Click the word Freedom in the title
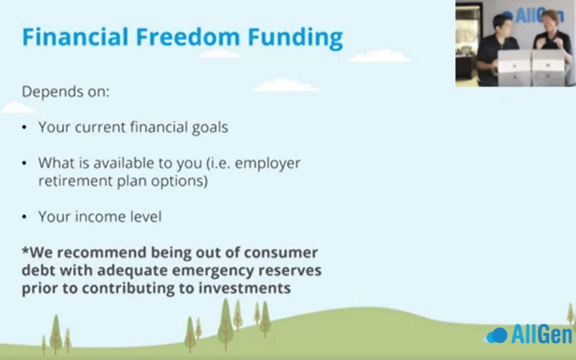pyautogui.click(x=188, y=37)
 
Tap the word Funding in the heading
pyautogui.click(x=295, y=38)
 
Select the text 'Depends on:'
pyautogui.click(x=66, y=92)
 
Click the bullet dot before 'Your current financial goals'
pyautogui.click(x=24, y=127)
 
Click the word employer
pyautogui.click(x=267, y=164)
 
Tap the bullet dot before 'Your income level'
pyautogui.click(x=24, y=217)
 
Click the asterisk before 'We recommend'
pyautogui.click(x=26, y=251)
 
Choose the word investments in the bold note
pyautogui.click(x=245, y=288)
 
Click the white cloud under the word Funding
pyautogui.click(x=379, y=56)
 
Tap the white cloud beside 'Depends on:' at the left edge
pyautogui.click(x=18, y=108)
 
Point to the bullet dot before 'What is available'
pyautogui.click(x=24, y=163)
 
